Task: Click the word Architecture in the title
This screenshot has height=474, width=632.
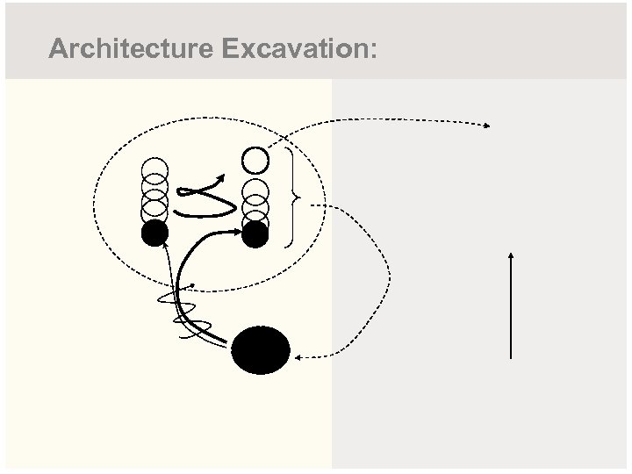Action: click(130, 49)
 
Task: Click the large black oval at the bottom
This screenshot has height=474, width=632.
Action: click(261, 350)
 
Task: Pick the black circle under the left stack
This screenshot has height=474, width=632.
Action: click(154, 233)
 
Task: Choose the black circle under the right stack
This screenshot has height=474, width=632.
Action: click(255, 233)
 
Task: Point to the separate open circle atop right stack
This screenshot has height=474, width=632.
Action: click(255, 160)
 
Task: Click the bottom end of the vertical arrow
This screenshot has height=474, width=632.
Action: click(511, 356)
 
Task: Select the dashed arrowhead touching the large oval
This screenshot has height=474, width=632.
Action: click(298, 357)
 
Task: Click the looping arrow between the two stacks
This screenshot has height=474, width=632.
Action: click(205, 195)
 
